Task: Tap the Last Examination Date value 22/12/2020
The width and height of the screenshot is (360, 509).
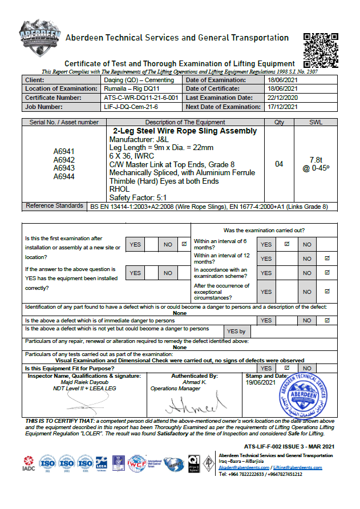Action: click(x=283, y=98)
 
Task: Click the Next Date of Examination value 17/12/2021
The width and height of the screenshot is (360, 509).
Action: click(x=283, y=107)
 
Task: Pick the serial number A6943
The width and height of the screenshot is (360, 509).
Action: click(x=64, y=168)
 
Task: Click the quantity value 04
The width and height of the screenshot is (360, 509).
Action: click(x=279, y=164)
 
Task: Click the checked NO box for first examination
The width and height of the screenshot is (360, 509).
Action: click(x=184, y=244)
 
